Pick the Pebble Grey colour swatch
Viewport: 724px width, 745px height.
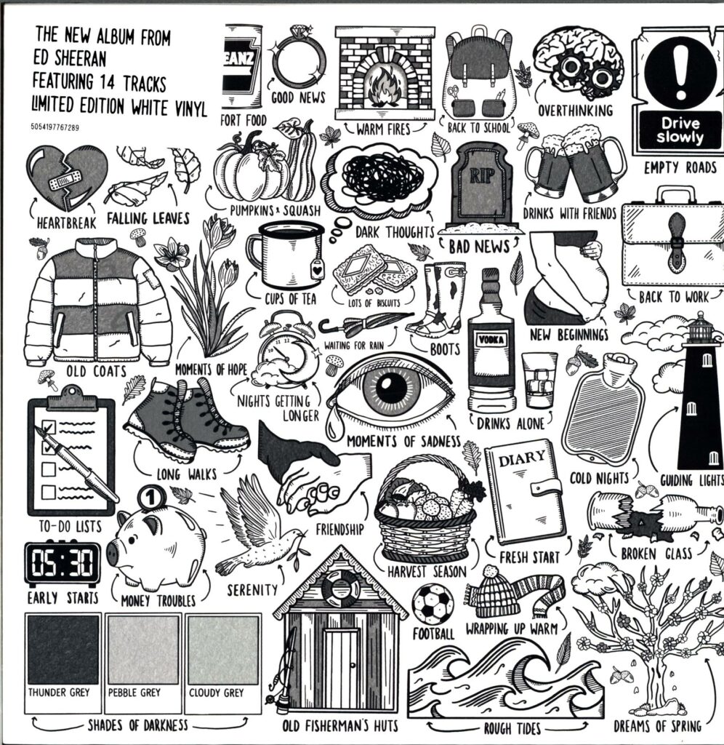click(142, 650)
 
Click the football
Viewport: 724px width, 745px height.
click(433, 603)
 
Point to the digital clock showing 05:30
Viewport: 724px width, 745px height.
click(63, 564)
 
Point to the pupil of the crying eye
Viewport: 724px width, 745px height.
click(395, 386)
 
